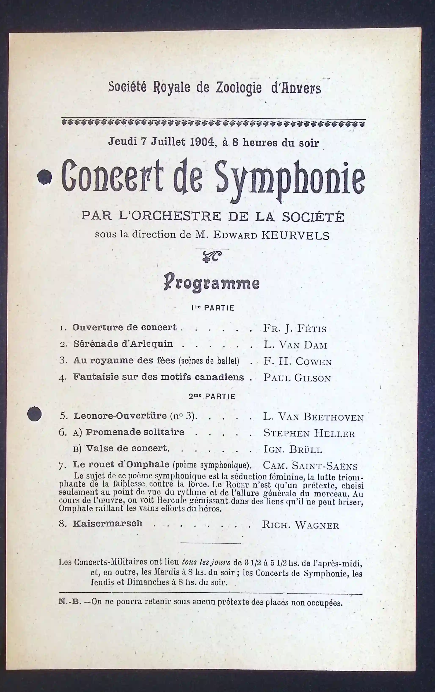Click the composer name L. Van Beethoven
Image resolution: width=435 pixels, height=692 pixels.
[x=313, y=417]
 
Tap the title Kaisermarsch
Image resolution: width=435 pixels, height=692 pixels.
[x=107, y=523]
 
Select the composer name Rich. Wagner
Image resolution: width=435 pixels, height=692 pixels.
[x=300, y=525]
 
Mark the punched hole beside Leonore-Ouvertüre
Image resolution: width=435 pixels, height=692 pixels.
[x=34, y=414]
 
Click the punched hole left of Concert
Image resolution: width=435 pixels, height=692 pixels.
[x=44, y=177]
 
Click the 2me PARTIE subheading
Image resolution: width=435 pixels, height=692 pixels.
[x=212, y=397]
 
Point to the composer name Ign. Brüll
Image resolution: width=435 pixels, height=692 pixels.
[x=293, y=449]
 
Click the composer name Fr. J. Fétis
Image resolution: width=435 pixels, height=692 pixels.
[x=295, y=328]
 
